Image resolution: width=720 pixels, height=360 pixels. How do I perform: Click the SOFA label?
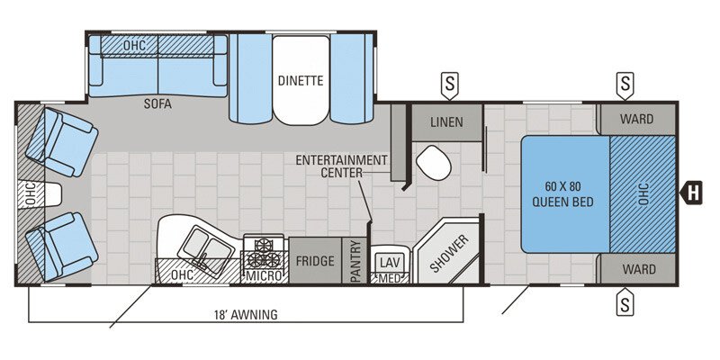coord(157,103)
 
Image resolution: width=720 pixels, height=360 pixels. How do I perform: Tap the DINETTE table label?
coord(300,79)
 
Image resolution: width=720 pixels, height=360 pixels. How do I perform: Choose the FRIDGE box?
coord(316,261)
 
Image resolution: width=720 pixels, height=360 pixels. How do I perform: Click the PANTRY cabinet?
coord(356,262)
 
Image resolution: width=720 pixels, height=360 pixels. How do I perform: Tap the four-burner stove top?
coord(265,247)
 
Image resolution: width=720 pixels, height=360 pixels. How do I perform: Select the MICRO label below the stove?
coord(265,274)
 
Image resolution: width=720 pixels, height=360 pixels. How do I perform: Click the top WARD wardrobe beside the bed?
coord(637,119)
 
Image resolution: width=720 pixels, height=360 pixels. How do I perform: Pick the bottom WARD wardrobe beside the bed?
coord(637,269)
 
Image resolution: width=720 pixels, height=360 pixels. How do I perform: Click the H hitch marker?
coord(693,190)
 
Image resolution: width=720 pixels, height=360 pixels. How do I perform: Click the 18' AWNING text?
coord(247,314)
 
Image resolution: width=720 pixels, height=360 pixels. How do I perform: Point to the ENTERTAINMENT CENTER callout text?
coord(341,166)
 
